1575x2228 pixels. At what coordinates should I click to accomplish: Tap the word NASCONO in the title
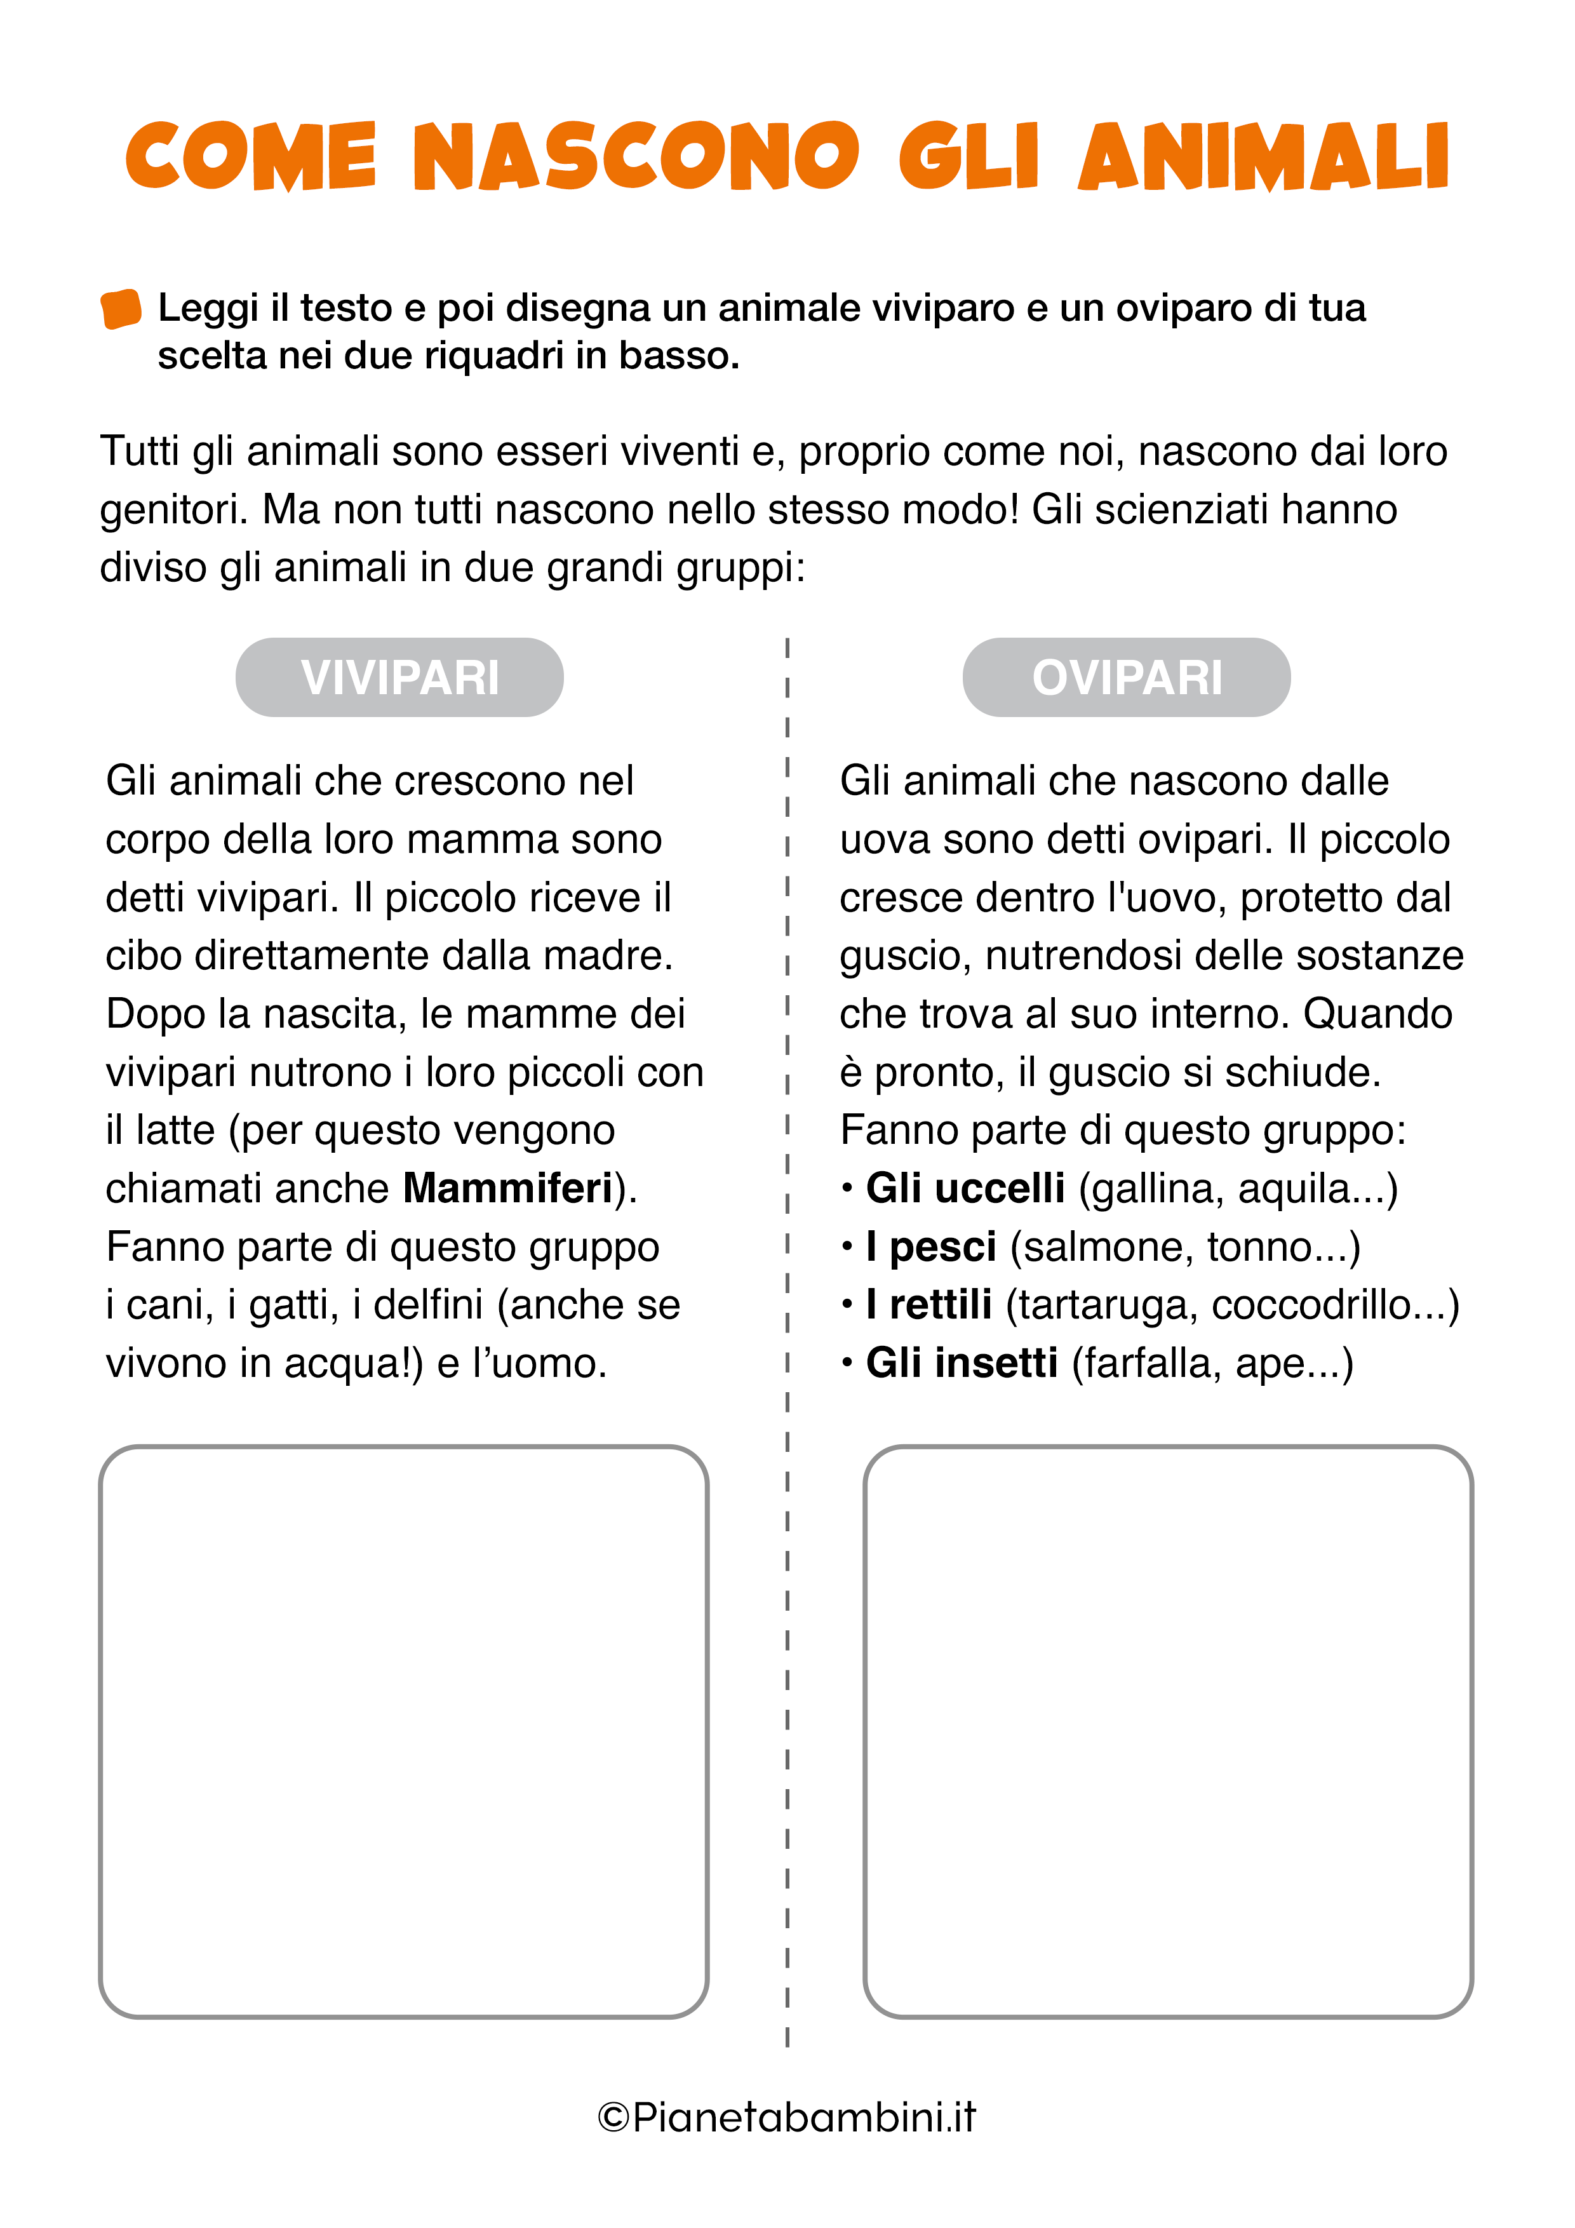click(636, 158)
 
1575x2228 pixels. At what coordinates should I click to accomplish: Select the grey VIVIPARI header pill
click(399, 677)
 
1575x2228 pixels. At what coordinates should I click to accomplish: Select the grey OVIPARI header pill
click(1126, 677)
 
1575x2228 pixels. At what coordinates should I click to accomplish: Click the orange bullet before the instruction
click(121, 309)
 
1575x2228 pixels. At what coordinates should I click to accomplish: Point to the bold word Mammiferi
click(507, 1189)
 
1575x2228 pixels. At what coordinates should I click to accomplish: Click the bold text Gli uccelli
click(965, 1189)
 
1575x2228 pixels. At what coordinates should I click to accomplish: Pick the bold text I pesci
click(930, 1247)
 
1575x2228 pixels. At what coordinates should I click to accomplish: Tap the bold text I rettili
click(928, 1305)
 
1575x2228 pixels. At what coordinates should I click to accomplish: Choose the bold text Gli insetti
click(961, 1364)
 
